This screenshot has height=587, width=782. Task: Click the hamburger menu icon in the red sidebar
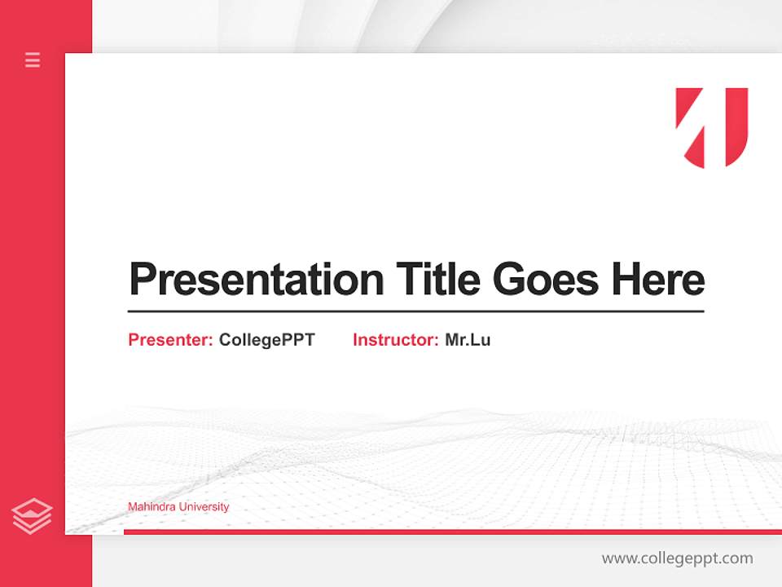(33, 60)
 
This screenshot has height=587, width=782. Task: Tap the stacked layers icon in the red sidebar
(32, 516)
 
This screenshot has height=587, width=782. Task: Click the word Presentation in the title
(256, 280)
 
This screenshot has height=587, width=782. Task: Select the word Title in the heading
(437, 279)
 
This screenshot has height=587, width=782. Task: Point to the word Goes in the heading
(546, 280)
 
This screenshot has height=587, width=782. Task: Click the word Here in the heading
(657, 279)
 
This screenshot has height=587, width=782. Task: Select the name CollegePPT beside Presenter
(266, 340)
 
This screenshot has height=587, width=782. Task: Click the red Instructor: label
(396, 340)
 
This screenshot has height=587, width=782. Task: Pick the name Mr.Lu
(468, 340)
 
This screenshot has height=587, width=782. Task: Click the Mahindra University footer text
(178, 507)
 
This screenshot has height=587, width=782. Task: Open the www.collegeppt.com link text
(677, 558)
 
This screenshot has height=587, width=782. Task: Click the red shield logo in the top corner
(712, 127)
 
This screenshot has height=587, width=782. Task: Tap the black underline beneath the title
(415, 311)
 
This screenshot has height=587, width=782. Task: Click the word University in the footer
(204, 507)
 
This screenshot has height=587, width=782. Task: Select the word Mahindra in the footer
(152, 507)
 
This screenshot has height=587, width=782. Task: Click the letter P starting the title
(143, 280)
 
